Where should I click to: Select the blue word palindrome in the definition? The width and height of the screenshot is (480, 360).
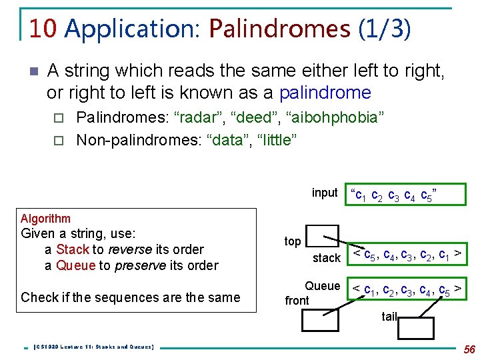[x=325, y=92]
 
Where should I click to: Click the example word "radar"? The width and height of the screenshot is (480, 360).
[x=197, y=119]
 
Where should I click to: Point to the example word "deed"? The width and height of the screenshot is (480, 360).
[x=251, y=119]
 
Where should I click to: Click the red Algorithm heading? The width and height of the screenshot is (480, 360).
[x=45, y=219]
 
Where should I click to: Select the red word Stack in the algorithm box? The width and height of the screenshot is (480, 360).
[x=73, y=249]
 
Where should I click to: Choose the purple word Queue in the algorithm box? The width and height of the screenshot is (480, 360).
[x=75, y=265]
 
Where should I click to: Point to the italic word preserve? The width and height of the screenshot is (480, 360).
[x=141, y=265]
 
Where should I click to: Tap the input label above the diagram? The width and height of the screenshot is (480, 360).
[x=325, y=193]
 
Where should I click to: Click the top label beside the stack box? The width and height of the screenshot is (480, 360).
[x=293, y=241]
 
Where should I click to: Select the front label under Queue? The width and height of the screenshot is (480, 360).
[x=297, y=301]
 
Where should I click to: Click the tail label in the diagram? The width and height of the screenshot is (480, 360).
[x=389, y=317]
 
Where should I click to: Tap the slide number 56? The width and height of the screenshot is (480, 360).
[x=469, y=349]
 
